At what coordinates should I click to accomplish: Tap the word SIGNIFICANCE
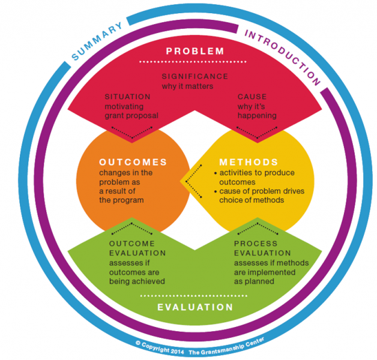pyautogui.click(x=195, y=77)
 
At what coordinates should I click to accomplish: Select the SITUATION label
pyautogui.click(x=127, y=97)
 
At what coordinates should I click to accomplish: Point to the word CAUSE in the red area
pyautogui.click(x=252, y=97)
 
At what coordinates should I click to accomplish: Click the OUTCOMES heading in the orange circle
pyautogui.click(x=133, y=163)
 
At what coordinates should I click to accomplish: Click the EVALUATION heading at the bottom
pyautogui.click(x=187, y=307)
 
